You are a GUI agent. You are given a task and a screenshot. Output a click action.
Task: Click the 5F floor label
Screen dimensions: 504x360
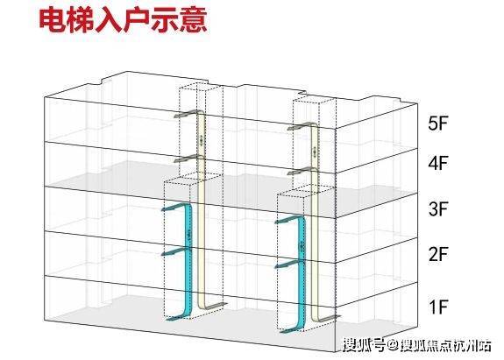point(437,123)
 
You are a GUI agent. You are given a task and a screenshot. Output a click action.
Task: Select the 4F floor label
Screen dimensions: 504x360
point(437,163)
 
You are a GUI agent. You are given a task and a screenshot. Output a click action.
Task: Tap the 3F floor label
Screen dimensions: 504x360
point(437,208)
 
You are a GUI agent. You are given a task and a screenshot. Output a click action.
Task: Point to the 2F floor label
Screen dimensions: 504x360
point(437,254)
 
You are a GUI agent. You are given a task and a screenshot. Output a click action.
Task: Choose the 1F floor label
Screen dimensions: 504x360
point(438,307)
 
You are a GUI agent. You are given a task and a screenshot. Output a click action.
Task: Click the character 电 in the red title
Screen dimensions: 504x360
point(53,20)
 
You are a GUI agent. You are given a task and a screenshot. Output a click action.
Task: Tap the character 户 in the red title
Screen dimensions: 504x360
point(136,20)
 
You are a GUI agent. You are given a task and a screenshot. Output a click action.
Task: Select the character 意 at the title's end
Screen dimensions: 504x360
point(193,20)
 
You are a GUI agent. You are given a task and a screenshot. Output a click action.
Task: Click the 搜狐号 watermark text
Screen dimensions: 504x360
point(364,346)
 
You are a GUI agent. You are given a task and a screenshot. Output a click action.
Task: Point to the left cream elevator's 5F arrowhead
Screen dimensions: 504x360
point(177,116)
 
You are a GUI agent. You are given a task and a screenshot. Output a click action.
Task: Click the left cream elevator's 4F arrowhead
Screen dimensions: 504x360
point(177,159)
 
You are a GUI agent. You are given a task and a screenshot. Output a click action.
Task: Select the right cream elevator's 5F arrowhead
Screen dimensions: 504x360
point(291,129)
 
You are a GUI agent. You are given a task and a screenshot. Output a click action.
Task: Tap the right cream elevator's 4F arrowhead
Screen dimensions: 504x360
point(291,173)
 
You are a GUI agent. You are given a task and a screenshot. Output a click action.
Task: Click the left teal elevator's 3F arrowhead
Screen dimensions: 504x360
point(165,209)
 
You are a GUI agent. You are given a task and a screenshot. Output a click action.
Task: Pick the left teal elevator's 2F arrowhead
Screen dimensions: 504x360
point(165,254)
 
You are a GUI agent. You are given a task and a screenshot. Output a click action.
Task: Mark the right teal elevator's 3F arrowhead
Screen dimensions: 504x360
point(279,222)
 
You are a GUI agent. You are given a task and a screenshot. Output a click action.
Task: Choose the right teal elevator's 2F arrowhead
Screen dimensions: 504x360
point(279,266)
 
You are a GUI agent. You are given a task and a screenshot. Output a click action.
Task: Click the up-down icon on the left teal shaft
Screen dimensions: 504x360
point(188,236)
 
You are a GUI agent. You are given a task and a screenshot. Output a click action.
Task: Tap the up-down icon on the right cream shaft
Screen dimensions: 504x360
point(315,152)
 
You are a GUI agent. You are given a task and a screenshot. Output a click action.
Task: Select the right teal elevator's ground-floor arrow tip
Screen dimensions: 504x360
point(281,331)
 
